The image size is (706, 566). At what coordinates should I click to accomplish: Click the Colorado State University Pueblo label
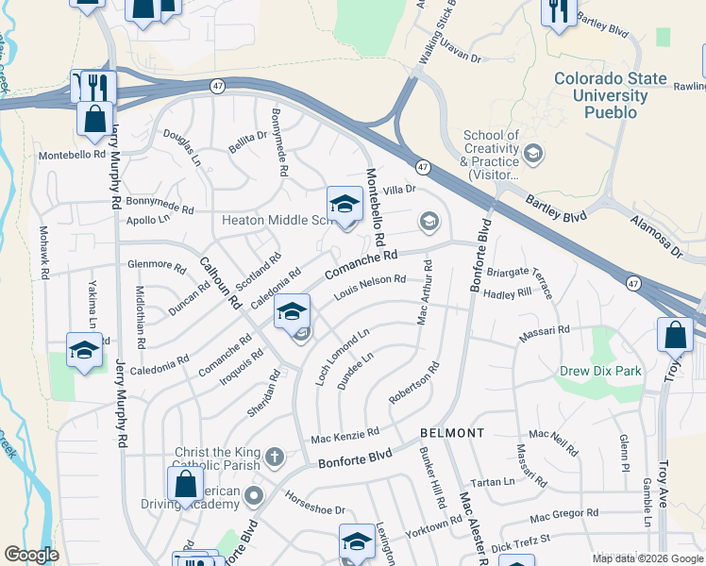pos(609,95)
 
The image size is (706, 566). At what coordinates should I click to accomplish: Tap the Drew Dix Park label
pos(600,371)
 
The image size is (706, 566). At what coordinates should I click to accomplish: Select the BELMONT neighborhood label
pos(452,433)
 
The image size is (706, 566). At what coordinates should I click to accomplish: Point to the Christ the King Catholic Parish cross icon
pos(274,458)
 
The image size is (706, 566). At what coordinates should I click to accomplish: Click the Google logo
pos(31,555)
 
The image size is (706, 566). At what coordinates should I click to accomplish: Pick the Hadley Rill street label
pos(507,294)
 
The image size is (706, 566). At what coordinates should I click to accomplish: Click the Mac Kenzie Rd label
pos(345,436)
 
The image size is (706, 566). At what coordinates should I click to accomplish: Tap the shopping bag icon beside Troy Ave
pos(675,335)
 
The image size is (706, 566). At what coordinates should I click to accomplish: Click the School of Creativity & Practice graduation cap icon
pos(533,153)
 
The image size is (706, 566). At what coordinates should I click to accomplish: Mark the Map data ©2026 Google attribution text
pos(647,558)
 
